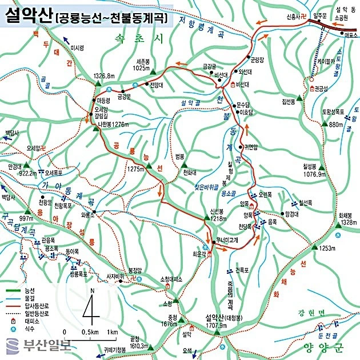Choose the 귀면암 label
pyautogui.click(x=251, y=146)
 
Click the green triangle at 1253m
pyautogui.click(x=314, y=247)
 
